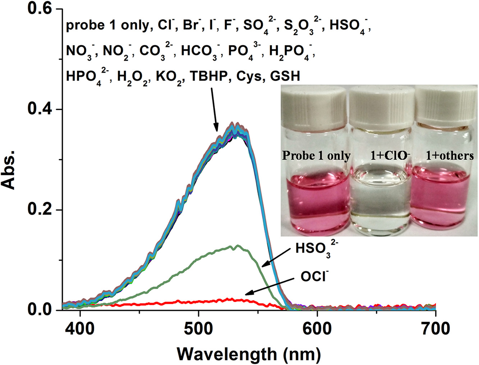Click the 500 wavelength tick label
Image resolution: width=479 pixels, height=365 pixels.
pos(198,329)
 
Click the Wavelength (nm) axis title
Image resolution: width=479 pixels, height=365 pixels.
pos(249,354)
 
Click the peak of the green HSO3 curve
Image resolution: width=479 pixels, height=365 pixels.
pos(237,246)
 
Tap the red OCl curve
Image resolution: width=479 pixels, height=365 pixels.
pos(180,302)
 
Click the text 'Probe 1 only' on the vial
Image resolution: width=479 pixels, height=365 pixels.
pos(316,156)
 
